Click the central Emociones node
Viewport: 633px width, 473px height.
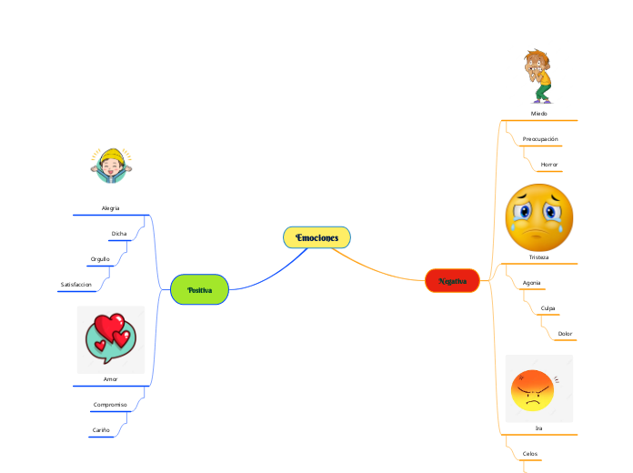click(x=316, y=237)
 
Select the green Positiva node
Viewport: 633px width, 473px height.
click(x=199, y=289)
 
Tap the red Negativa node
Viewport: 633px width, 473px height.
click(x=452, y=281)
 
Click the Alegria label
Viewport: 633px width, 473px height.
click(x=110, y=208)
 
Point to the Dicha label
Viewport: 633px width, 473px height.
click(x=119, y=234)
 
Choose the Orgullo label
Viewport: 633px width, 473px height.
click(x=100, y=259)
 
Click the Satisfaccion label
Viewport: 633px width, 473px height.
click(x=75, y=285)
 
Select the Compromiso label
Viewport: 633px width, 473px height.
click(x=110, y=404)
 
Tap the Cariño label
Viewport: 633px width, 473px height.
click(x=101, y=429)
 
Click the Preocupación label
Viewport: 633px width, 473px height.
click(x=540, y=139)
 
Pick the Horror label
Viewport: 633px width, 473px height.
click(x=549, y=165)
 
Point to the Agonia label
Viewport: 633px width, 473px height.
click(x=532, y=283)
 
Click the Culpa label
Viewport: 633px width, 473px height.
click(x=548, y=308)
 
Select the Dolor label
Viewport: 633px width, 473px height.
click(x=565, y=334)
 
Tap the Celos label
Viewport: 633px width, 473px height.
click(x=530, y=452)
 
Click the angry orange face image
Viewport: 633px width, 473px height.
click(x=538, y=389)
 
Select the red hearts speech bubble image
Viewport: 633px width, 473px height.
click(x=110, y=338)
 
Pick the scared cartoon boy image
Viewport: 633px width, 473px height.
click(x=538, y=76)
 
